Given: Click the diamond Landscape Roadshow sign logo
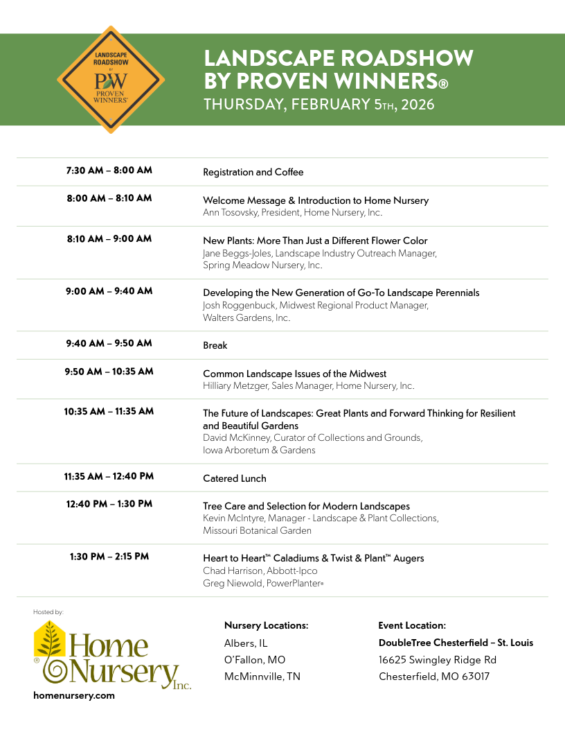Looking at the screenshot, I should [x=111, y=80].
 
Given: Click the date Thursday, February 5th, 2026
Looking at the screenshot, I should [x=319, y=105].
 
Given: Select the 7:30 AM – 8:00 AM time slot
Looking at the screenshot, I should [x=109, y=170].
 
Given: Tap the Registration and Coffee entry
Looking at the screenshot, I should [x=253, y=172].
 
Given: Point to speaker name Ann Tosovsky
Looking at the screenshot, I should [x=231, y=213].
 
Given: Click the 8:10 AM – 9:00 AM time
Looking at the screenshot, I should [x=109, y=238].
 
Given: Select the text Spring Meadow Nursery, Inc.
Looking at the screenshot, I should [x=262, y=265].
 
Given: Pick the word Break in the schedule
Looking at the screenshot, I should [x=215, y=345].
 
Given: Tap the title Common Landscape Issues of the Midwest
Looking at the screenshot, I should [x=294, y=374].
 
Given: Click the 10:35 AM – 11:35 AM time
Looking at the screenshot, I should [x=109, y=411].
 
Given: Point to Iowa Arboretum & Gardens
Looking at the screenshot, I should [x=259, y=450].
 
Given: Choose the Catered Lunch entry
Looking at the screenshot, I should [x=234, y=478].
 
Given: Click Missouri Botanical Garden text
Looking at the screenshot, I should [x=257, y=531].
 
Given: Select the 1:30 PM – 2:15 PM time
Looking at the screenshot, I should [x=109, y=556].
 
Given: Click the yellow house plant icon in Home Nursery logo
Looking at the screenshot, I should [x=50, y=639].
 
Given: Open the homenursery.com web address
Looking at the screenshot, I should [x=74, y=695].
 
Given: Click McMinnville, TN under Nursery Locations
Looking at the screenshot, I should [x=262, y=677].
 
